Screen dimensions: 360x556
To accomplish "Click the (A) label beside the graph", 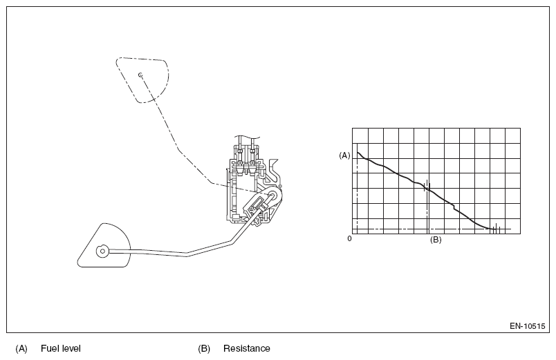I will point(344,155).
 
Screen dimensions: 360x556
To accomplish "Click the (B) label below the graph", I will point(436,240).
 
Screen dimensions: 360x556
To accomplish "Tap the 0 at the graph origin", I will point(350,238).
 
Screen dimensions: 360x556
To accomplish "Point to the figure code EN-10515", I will point(527,325).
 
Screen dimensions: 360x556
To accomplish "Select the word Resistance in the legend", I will point(247,348).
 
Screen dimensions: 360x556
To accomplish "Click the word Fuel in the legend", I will point(50,348).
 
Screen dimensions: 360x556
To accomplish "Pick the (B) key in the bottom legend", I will point(204,348).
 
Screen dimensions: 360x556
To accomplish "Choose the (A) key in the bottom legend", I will point(21,348).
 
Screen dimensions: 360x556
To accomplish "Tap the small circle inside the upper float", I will point(140,75).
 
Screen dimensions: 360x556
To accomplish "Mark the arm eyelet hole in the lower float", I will point(102,252).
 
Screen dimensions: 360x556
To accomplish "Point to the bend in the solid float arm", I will point(187,255).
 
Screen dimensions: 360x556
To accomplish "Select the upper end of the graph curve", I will point(358,153).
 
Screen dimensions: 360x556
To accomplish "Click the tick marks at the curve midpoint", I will point(427,184).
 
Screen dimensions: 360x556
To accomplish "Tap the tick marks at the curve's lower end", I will point(494,228).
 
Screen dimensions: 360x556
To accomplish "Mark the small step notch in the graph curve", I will point(452,206).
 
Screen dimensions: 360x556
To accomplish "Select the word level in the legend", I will point(71,348).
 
